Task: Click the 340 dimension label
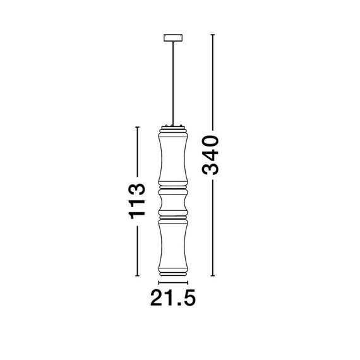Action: [211, 155]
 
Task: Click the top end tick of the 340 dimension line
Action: [212, 33]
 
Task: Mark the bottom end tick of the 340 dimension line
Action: [212, 276]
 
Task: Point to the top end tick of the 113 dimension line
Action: [137, 127]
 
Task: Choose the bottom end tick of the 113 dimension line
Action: [137, 276]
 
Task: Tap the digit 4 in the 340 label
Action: [211, 154]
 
